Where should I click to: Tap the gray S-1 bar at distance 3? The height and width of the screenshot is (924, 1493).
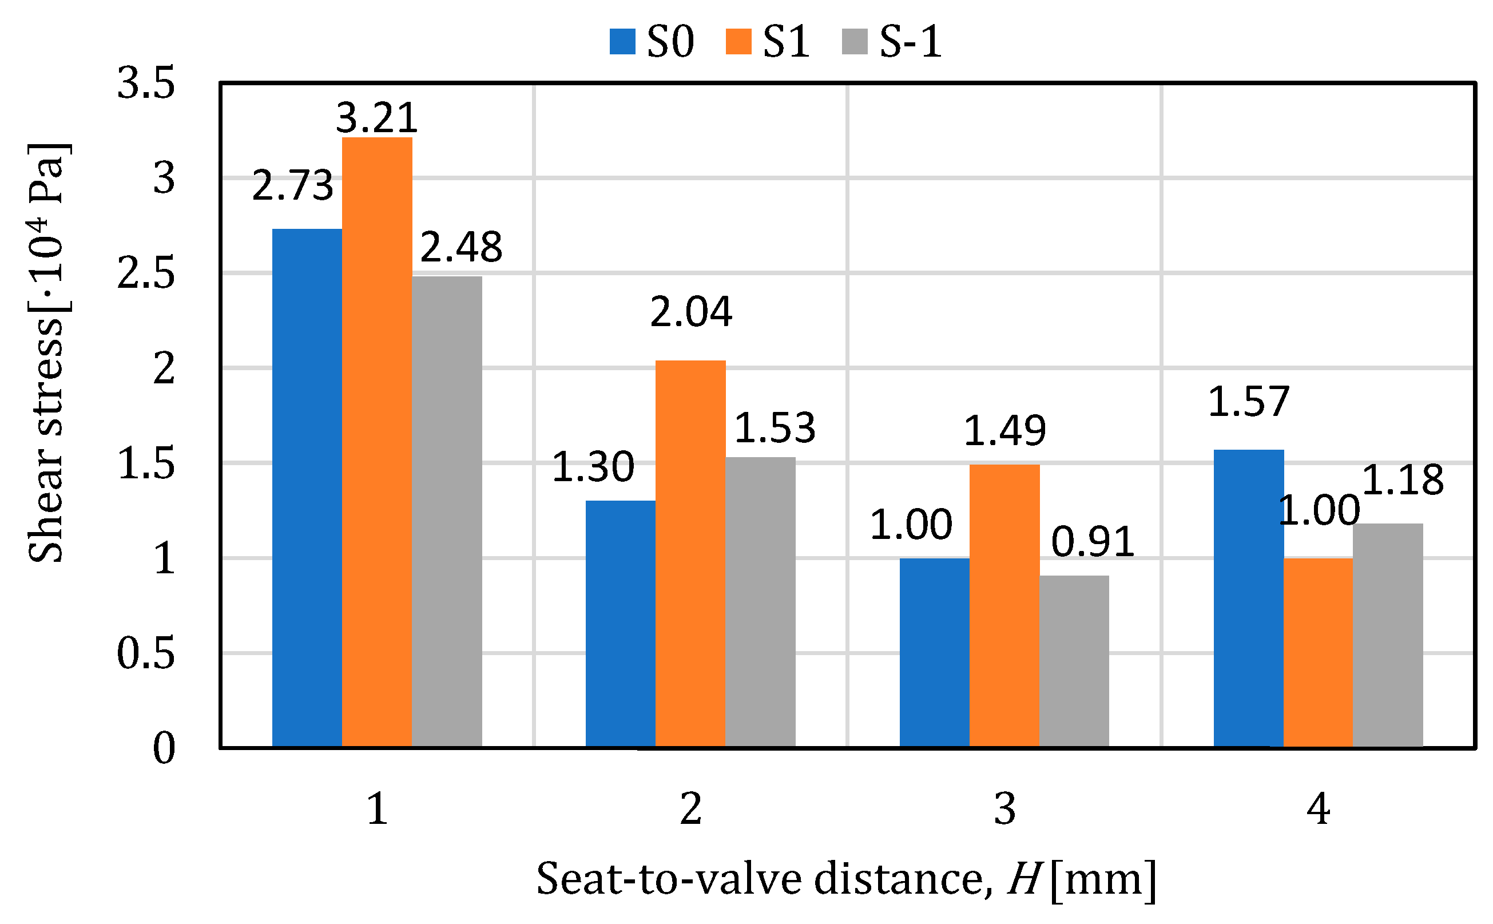tap(1074, 661)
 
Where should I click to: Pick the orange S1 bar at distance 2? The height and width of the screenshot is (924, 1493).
tap(690, 553)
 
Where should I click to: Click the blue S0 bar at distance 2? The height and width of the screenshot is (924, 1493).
tap(621, 623)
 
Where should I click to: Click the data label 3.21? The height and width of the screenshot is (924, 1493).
tap(377, 117)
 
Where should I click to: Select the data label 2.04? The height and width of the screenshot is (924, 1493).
tap(691, 312)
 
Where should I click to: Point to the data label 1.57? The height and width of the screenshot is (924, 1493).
tap(1249, 402)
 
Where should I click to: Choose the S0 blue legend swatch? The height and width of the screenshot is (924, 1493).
tap(622, 42)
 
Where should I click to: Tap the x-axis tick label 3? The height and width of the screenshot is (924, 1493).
tap(1004, 809)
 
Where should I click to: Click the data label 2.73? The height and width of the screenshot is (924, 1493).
tap(293, 185)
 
